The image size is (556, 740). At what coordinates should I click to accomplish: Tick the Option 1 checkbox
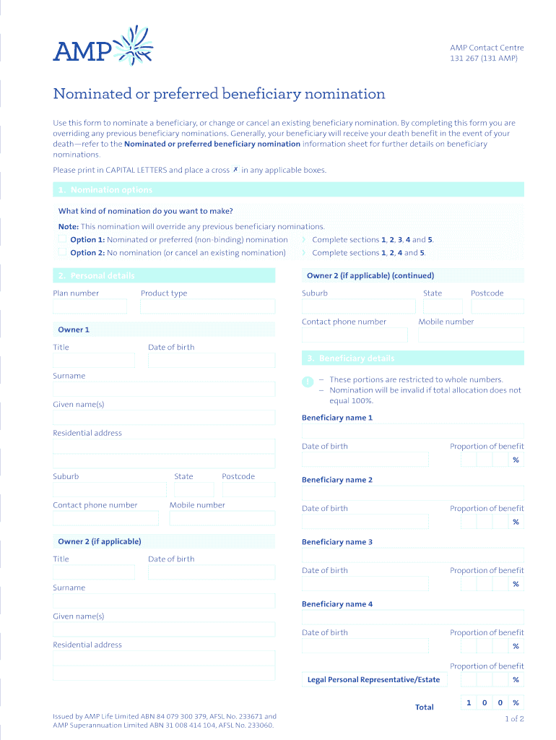pyautogui.click(x=62, y=239)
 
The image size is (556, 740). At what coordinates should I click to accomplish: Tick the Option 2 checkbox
pyautogui.click(x=62, y=252)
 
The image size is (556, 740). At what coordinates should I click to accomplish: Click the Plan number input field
pyautogui.click(x=90, y=306)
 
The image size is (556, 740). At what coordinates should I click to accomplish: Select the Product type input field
pyautogui.click(x=207, y=306)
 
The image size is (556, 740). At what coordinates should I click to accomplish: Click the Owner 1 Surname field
pyautogui.click(x=164, y=389)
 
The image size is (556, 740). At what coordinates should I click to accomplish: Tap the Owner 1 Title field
pyautogui.click(x=93, y=360)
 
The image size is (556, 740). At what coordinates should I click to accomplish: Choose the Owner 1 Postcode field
pyautogui.click(x=248, y=489)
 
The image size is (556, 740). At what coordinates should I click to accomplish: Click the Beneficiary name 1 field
pyautogui.click(x=412, y=431)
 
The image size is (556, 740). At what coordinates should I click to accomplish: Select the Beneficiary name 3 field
pyautogui.click(x=412, y=555)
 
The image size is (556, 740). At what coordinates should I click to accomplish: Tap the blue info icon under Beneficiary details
pyautogui.click(x=308, y=381)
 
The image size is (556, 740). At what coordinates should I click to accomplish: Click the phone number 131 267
pyautogui.click(x=465, y=59)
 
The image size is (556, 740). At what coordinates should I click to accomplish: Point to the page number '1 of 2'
pyautogui.click(x=514, y=718)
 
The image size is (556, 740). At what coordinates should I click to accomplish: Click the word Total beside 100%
pyautogui.click(x=425, y=707)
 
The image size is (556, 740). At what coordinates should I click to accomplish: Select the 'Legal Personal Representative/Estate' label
pyautogui.click(x=373, y=679)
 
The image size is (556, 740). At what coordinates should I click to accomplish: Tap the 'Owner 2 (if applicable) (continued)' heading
pyautogui.click(x=370, y=275)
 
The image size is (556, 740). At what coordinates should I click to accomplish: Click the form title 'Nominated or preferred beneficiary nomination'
pyautogui.click(x=219, y=94)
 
